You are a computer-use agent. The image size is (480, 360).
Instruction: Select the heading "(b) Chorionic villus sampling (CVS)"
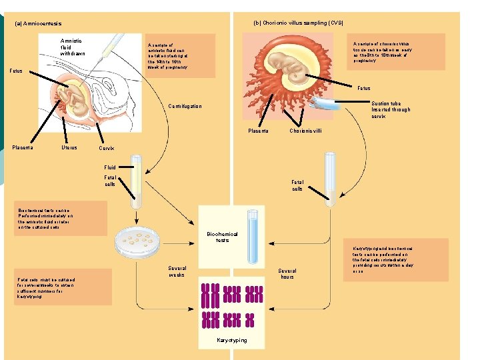[299, 23]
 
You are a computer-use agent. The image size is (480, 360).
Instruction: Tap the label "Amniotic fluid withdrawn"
[73, 47]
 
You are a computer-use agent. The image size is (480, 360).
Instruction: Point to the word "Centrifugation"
[185, 106]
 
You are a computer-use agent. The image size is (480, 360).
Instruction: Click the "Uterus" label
[69, 147]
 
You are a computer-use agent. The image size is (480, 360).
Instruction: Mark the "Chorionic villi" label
[305, 131]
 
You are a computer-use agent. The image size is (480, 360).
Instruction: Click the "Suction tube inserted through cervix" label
[391, 109]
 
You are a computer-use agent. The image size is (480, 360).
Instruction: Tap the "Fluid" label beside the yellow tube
[109, 167]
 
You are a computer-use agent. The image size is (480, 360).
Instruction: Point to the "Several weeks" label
[177, 271]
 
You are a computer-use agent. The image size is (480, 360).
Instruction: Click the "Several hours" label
[287, 274]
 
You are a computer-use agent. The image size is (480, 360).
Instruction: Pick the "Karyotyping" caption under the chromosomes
[231, 340]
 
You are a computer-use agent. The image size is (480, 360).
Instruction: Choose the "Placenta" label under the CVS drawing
[258, 131]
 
